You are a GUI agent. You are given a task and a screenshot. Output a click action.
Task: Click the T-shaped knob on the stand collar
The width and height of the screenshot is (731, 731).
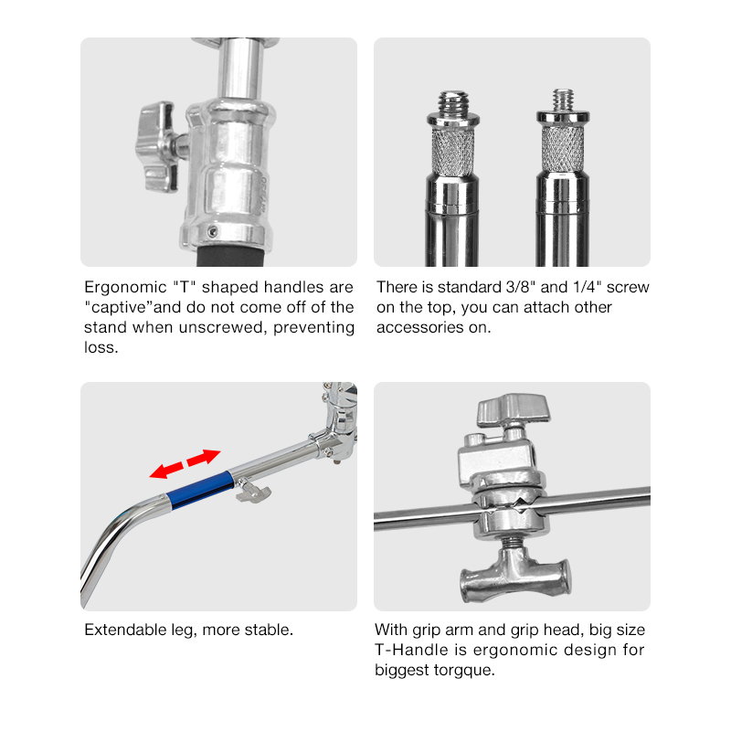[x=157, y=146]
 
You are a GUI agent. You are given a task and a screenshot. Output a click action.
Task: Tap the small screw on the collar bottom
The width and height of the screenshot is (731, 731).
[x=213, y=231]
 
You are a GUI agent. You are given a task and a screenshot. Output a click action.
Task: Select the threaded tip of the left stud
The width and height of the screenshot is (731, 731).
[x=453, y=102]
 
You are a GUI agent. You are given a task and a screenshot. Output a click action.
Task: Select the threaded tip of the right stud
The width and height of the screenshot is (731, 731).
[x=563, y=101]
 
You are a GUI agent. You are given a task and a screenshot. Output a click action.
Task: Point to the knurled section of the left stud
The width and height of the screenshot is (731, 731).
[x=452, y=151]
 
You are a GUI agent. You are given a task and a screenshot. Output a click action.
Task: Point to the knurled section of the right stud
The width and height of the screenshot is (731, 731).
[x=563, y=149]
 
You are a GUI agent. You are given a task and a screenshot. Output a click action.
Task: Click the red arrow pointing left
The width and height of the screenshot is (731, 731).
[x=166, y=470]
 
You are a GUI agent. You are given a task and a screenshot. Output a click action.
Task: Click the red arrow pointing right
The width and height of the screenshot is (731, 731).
[x=204, y=458]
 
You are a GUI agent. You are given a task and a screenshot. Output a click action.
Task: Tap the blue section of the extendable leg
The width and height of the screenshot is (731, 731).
[x=200, y=490]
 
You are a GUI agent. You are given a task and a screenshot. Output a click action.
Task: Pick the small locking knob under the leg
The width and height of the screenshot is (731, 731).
[x=253, y=493]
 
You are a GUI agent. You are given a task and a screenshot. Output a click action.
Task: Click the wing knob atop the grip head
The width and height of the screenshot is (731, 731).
[x=513, y=408]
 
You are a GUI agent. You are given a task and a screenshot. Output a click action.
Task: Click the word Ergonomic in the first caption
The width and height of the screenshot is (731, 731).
[x=125, y=287]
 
